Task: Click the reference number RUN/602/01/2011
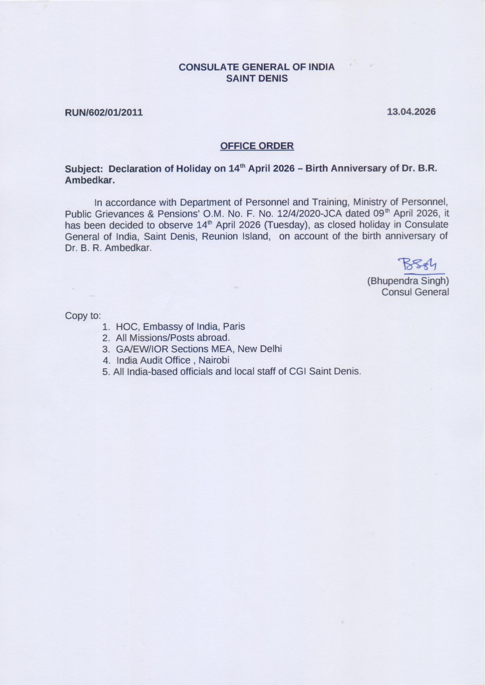tap(104, 112)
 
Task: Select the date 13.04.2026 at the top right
tap(411, 112)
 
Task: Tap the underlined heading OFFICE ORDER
tap(257, 146)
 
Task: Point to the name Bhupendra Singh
tap(408, 281)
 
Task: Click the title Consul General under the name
tap(415, 292)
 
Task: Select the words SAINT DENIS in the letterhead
tap(257, 78)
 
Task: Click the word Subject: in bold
tap(84, 169)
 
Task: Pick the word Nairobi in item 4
tap(214, 360)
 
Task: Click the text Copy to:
tap(83, 316)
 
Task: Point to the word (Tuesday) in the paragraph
tap(287, 225)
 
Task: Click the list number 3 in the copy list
tap(105, 349)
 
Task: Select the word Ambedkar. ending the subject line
tap(90, 180)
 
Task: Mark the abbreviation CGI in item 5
tap(297, 371)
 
